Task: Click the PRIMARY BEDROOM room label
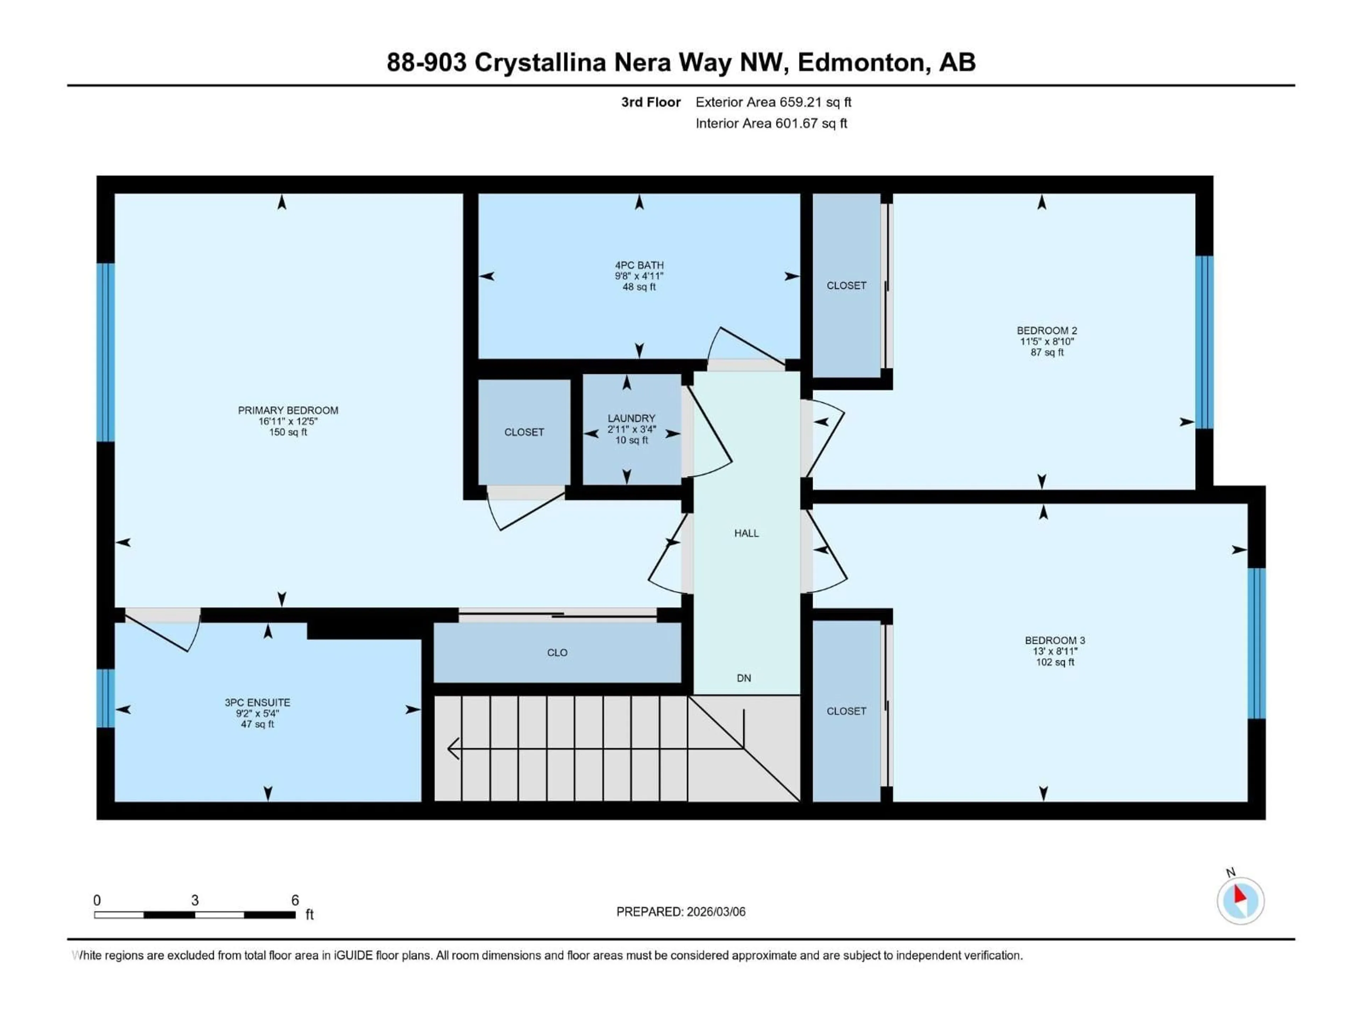[288, 410]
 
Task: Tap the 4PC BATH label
[639, 265]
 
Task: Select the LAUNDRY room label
[631, 418]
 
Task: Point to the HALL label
[746, 533]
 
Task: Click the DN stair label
[744, 678]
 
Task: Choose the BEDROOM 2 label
[1046, 331]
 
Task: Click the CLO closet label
[557, 653]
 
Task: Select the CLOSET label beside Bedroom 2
[846, 286]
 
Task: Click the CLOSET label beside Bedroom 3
[846, 711]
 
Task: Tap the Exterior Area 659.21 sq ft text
[773, 102]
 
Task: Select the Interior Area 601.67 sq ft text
[771, 123]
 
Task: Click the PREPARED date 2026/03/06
[715, 912]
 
